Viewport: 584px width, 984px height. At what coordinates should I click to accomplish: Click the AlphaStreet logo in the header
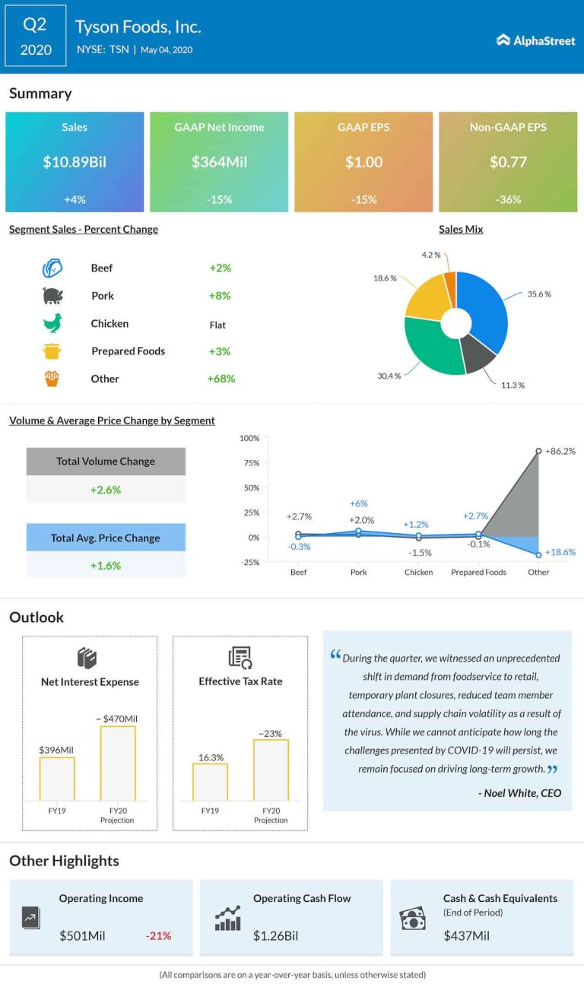[536, 40]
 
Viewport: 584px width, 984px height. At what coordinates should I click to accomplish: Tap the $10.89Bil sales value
[75, 162]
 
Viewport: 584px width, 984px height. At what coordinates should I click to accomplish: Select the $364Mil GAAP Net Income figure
[219, 162]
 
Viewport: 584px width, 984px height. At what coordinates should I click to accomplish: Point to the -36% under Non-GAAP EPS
[508, 199]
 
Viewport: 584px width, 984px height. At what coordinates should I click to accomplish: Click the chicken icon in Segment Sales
[52, 323]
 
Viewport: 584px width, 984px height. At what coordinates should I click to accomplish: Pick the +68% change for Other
[221, 379]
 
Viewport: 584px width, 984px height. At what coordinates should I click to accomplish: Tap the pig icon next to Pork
[52, 295]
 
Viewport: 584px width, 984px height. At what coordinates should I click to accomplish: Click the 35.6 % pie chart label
[538, 294]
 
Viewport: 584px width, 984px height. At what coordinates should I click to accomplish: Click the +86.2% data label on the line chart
[560, 451]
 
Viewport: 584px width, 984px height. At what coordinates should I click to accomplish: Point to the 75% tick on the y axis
[249, 463]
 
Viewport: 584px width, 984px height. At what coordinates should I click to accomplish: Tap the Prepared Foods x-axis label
[478, 572]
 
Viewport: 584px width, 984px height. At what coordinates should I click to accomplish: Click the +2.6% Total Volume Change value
[106, 490]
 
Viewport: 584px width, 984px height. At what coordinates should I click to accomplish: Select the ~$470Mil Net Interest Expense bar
[118, 763]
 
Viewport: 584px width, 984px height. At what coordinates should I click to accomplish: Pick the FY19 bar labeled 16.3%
[210, 782]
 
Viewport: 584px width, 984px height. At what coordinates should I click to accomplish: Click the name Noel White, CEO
[520, 793]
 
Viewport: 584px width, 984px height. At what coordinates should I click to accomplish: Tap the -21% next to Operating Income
[158, 935]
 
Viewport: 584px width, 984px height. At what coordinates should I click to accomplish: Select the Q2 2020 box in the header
[36, 37]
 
